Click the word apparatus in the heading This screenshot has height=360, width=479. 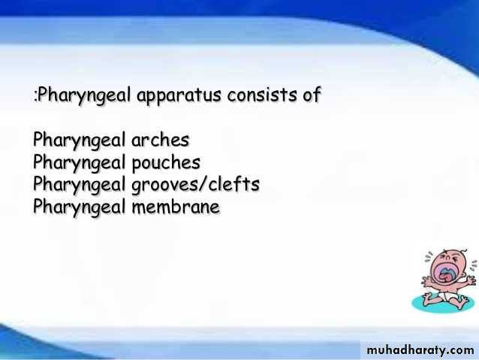click(x=179, y=95)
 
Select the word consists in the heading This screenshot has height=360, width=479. click(x=261, y=94)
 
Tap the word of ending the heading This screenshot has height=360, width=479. click(x=312, y=94)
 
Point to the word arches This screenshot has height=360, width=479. click(x=161, y=140)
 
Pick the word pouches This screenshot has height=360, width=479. click(x=166, y=163)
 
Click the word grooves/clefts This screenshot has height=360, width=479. click(x=195, y=185)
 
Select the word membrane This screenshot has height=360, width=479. click(x=176, y=207)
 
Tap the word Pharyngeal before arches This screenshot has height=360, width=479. click(x=79, y=141)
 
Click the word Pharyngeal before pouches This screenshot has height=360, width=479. click(x=79, y=163)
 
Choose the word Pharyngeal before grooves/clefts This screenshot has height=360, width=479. click(x=79, y=185)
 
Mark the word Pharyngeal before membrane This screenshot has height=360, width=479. click(x=79, y=207)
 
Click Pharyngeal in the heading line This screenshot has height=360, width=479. click(x=84, y=95)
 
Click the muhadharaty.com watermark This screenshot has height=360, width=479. click(x=420, y=350)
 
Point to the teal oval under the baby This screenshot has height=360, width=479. click(x=442, y=303)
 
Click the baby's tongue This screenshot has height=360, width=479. click(x=444, y=276)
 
